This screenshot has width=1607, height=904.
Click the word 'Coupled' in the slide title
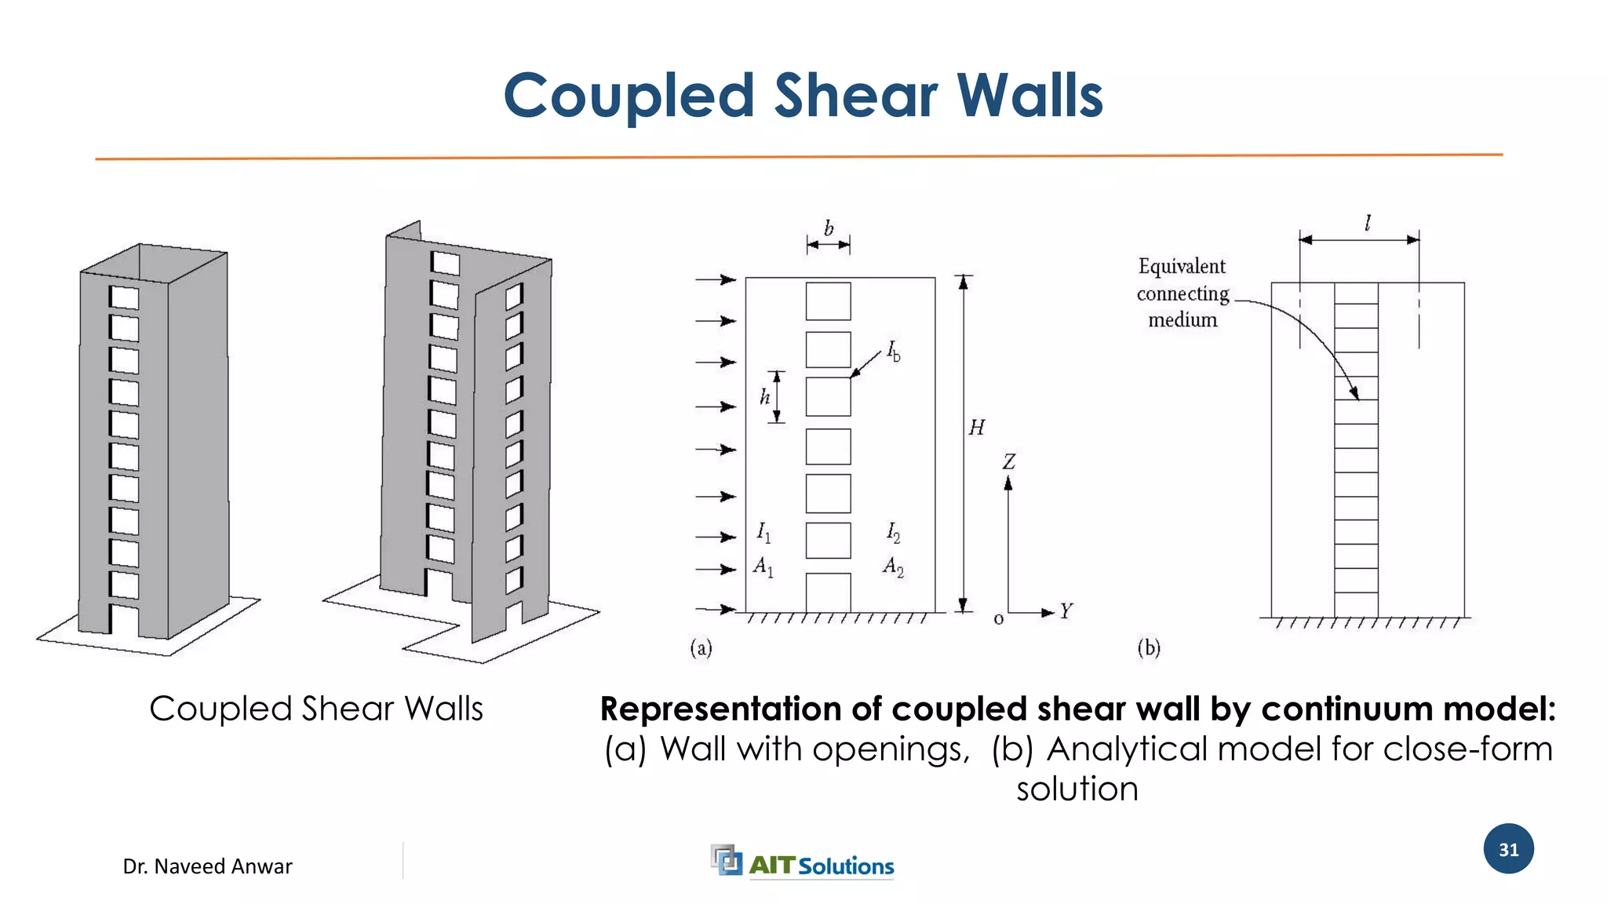coord(629,97)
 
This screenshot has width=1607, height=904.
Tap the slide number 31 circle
coord(1508,849)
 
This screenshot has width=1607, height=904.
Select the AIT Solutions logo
coord(802,862)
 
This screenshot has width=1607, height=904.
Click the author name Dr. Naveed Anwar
coord(207,866)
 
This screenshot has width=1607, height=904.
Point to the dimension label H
coord(976,428)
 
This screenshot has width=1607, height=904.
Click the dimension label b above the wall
coord(829,228)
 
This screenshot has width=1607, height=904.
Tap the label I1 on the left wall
coord(763,533)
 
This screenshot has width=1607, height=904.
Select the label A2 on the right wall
coord(893,566)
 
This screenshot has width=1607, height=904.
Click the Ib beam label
coord(894,351)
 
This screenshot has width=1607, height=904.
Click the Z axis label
coord(1008,462)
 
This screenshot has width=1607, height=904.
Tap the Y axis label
coord(1066,611)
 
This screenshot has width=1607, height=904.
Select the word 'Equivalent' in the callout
coord(1182,267)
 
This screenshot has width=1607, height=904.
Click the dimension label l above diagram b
coord(1368,224)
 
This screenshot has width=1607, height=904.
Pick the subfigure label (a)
coord(701,647)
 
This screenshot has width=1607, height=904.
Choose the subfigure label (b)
coord(1149,647)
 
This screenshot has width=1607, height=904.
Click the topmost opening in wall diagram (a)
coord(828,301)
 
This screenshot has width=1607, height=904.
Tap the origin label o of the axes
coord(998,619)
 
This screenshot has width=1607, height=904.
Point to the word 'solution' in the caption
coord(1077,789)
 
